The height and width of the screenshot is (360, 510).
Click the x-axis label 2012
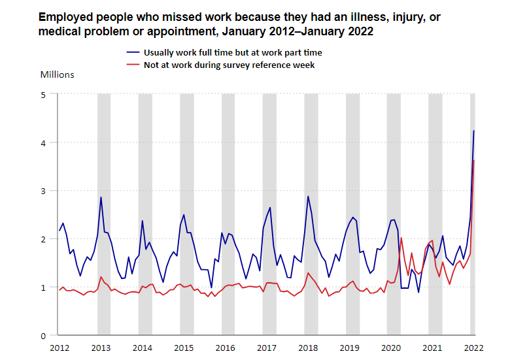point(59,348)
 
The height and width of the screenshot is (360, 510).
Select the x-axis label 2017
point(265,348)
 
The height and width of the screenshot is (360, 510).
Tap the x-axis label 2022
point(473,348)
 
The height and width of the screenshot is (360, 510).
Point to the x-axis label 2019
point(348,348)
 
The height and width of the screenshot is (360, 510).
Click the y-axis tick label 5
point(43,94)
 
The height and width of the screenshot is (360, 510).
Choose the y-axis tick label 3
point(43,191)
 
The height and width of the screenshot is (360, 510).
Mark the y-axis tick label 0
point(43,336)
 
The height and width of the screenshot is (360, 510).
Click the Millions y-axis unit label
point(58,74)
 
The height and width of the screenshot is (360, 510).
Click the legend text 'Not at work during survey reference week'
point(229,65)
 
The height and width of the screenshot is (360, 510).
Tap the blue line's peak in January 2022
point(474,131)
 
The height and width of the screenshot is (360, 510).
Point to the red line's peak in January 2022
point(473,160)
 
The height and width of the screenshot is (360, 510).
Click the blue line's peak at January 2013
point(101,197)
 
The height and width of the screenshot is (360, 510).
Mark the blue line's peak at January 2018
point(308,196)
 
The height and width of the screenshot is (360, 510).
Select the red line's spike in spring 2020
point(401,238)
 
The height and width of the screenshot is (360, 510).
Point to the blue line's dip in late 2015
point(211,287)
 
